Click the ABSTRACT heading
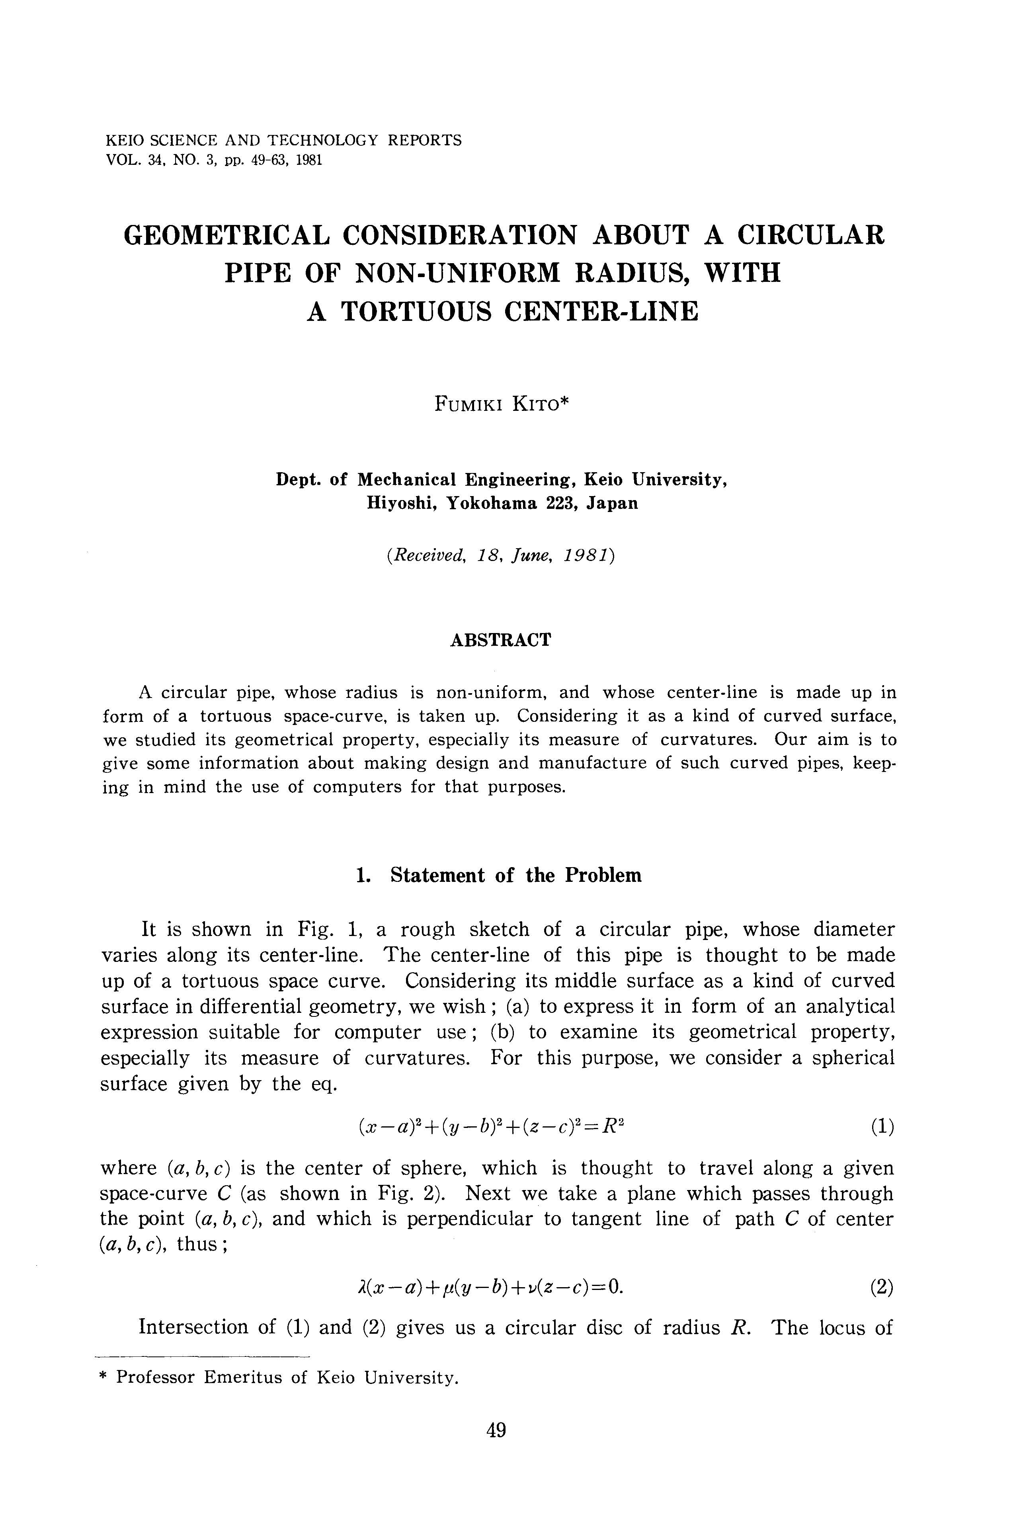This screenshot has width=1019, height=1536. tap(500, 640)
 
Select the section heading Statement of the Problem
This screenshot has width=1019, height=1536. tap(515, 875)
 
